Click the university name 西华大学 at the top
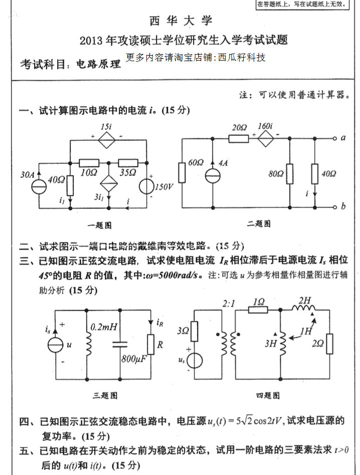click(x=181, y=21)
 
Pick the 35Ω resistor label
click(x=128, y=172)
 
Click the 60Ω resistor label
click(x=196, y=163)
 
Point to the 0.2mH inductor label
click(x=104, y=327)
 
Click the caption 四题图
click(x=268, y=395)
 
